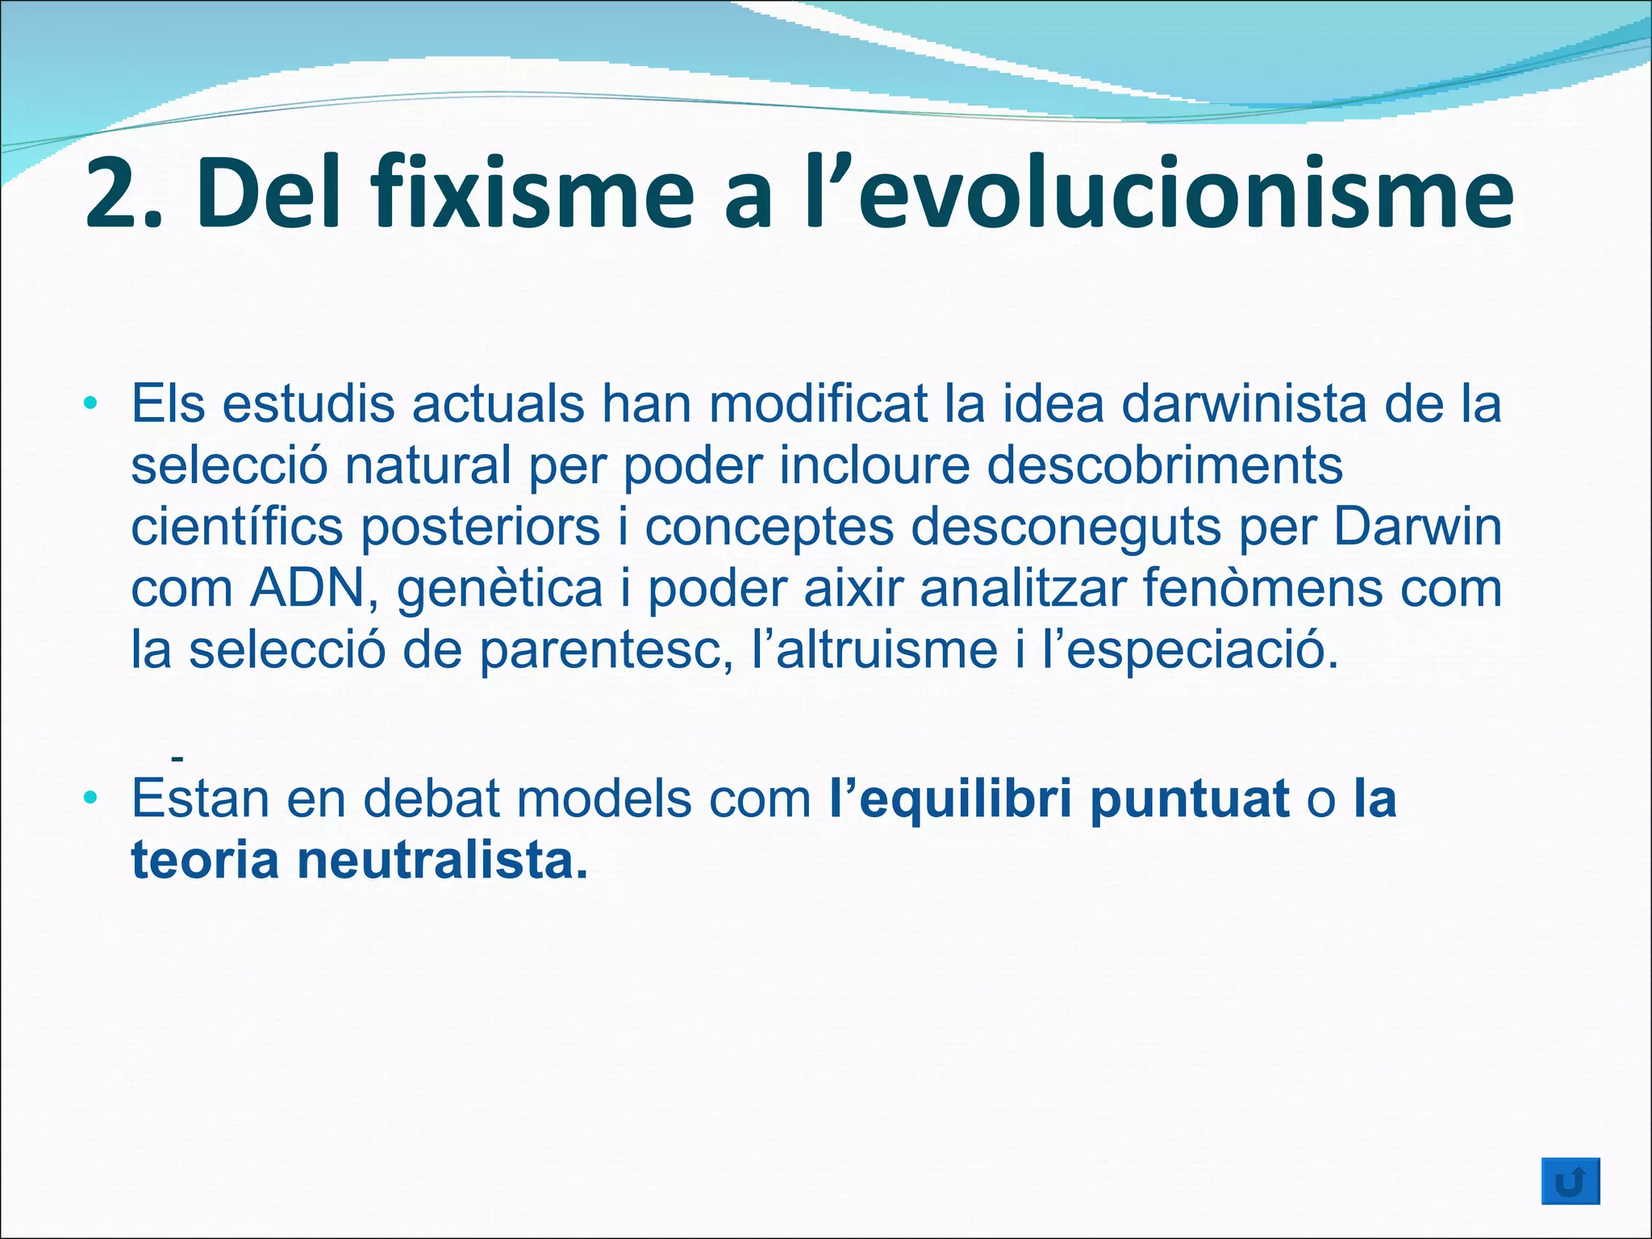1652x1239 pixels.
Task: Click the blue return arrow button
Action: pyautogui.click(x=1570, y=1182)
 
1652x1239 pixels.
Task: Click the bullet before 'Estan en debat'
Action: pyautogui.click(x=94, y=799)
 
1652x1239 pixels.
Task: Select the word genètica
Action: pyautogui.click(x=500, y=589)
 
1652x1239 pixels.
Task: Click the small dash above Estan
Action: pyautogui.click(x=177, y=758)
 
